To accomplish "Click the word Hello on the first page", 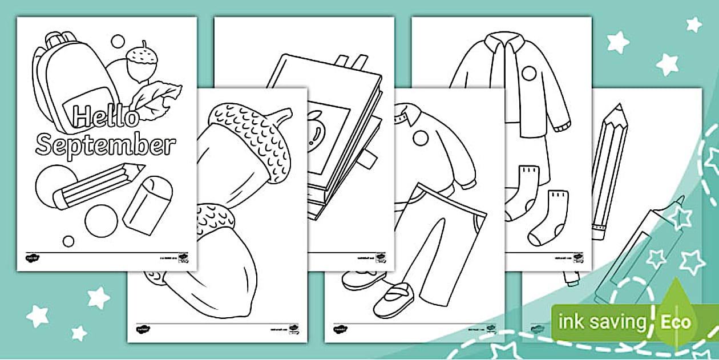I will point(106,118).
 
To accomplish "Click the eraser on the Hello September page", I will point(147,203).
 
